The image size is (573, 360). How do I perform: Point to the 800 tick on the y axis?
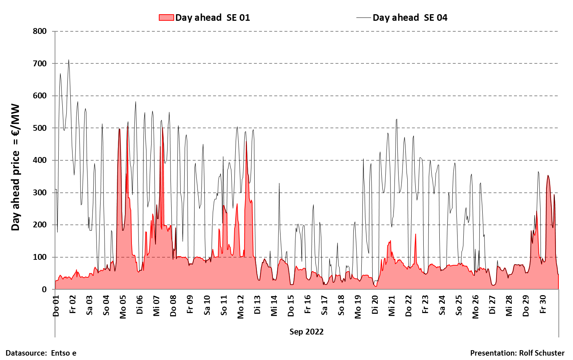pos(40,31)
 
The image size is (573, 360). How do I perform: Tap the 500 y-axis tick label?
pos(40,128)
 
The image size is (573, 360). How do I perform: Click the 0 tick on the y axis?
pos(44,289)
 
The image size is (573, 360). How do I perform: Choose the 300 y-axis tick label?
pos(40,192)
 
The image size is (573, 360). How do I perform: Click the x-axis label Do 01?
pos(56,306)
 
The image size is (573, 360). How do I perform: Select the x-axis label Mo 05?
pos(123,307)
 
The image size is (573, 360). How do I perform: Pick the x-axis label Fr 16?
pos(308,305)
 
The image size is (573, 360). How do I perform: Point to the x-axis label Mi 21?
pos(392,306)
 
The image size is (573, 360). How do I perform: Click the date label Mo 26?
pos(475,307)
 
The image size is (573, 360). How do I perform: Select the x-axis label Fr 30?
pos(543,305)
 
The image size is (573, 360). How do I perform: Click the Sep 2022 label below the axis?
pos(306,332)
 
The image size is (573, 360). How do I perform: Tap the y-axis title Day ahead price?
pos(15,167)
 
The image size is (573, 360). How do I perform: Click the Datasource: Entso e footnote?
pos(41,353)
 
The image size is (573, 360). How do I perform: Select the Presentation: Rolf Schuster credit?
pos(517,353)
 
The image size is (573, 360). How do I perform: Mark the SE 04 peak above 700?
pos(68,60)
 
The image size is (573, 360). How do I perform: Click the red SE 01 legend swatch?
pos(166,17)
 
